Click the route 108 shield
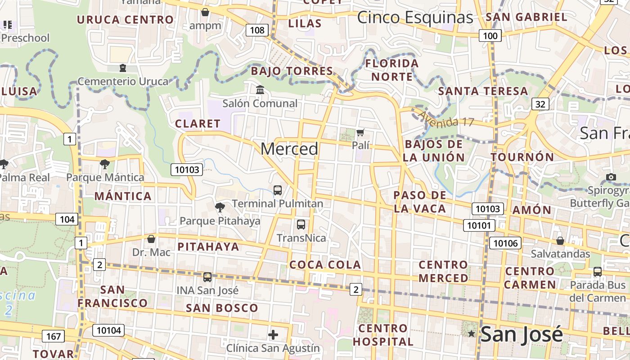tap(257, 30)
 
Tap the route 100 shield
tap(490, 36)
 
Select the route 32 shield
tap(540, 104)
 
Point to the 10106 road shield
tap(505, 243)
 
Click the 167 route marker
tap(53, 336)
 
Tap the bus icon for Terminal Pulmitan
tap(278, 190)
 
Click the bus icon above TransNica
tap(301, 224)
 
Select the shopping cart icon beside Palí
tap(360, 132)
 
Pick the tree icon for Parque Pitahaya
tap(220, 207)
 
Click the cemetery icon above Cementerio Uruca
tap(122, 68)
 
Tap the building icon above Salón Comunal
tap(260, 90)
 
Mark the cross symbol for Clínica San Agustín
tap(273, 335)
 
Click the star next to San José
tap(471, 334)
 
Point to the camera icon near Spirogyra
tap(611, 177)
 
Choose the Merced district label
tap(289, 149)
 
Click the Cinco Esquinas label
tap(415, 18)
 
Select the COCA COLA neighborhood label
tap(325, 265)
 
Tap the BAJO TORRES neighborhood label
tap(292, 71)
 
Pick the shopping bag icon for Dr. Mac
tap(151, 238)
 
